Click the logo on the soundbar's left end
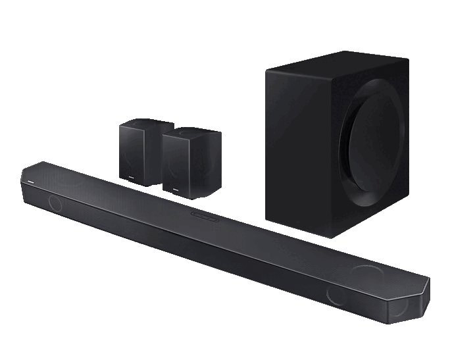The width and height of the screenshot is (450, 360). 29,177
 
